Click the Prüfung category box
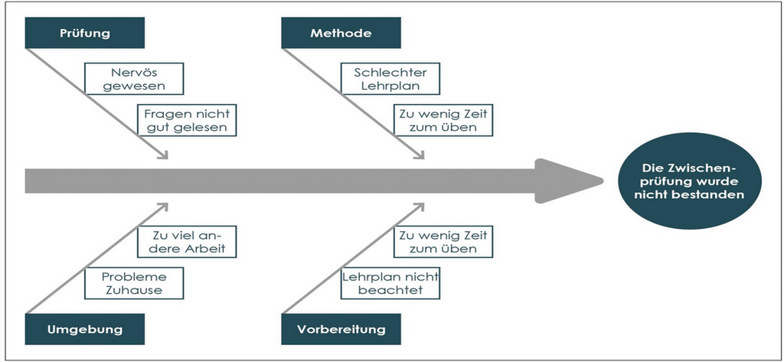(x=85, y=33)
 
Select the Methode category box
(x=341, y=33)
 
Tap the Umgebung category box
(x=85, y=329)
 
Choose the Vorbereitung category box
(x=341, y=329)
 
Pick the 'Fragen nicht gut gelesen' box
(x=185, y=120)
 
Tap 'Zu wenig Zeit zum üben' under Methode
(x=443, y=120)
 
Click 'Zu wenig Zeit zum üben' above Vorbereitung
(x=443, y=242)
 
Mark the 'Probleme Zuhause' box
(x=135, y=284)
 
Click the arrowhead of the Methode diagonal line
(x=419, y=155)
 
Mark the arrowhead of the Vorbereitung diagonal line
(x=419, y=206)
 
